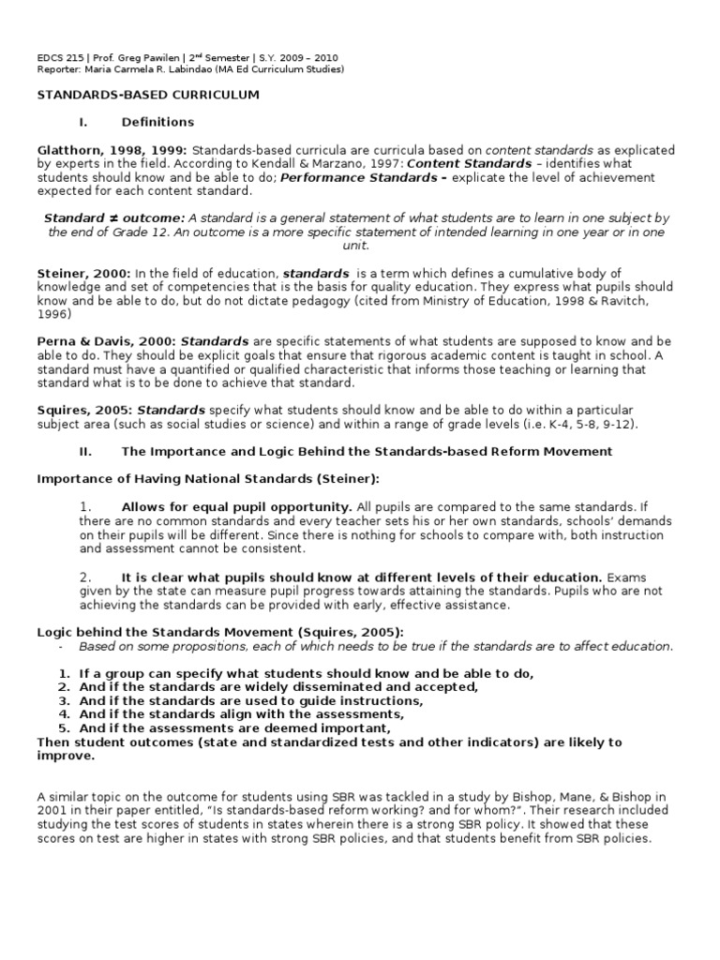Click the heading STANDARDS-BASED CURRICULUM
[x=147, y=96]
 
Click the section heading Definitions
[x=157, y=122]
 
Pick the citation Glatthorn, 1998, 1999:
[x=112, y=150]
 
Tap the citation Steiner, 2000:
[x=78, y=273]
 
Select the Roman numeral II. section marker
[x=85, y=451]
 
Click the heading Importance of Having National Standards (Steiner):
[x=208, y=478]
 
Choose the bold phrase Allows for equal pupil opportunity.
[x=236, y=506]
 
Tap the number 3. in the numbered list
[x=65, y=700]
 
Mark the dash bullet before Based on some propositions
[x=62, y=646]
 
